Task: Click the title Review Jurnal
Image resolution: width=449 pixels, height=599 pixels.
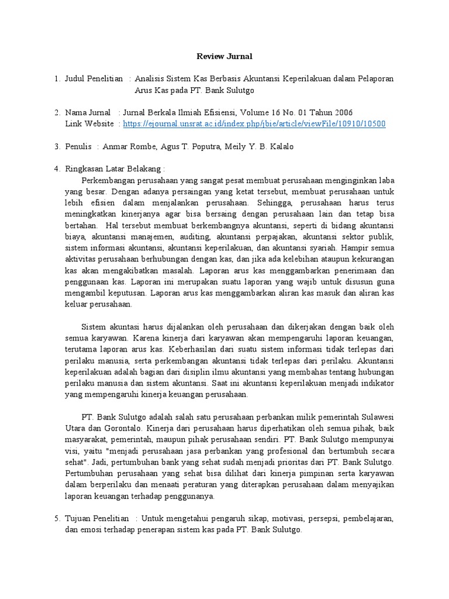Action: pos(224,57)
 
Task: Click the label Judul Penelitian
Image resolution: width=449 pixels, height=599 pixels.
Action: pos(94,79)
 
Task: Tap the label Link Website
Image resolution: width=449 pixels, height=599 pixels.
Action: pos(89,124)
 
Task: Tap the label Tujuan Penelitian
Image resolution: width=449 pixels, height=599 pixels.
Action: pos(97,518)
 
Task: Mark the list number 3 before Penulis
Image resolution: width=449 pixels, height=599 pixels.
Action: pos(57,146)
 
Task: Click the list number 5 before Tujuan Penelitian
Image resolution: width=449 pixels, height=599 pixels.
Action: pos(57,518)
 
